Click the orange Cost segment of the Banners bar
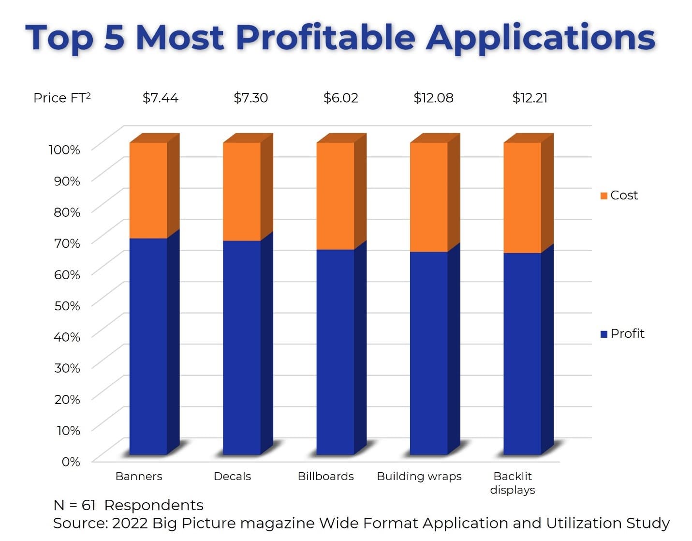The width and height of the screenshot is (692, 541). (148, 190)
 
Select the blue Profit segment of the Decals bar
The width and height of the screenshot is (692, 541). (242, 347)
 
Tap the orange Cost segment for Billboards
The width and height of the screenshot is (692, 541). (335, 196)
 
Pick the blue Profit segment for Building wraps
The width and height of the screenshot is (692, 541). (429, 353)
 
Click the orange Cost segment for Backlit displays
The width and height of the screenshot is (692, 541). (522, 197)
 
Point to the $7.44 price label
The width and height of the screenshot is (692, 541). (160, 98)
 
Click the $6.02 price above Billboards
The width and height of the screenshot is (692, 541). (340, 98)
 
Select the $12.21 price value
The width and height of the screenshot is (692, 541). (530, 98)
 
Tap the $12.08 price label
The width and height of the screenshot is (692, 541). (433, 98)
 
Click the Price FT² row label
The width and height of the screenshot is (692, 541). (62, 98)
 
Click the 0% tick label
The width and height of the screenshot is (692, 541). (71, 462)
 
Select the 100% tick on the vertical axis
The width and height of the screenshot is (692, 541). (64, 150)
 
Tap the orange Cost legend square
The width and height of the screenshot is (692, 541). (604, 195)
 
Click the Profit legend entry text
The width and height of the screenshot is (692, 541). (627, 333)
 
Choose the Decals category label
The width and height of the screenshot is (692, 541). (232, 476)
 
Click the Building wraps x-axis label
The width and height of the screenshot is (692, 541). (419, 476)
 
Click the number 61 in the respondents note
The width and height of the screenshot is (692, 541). (88, 505)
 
